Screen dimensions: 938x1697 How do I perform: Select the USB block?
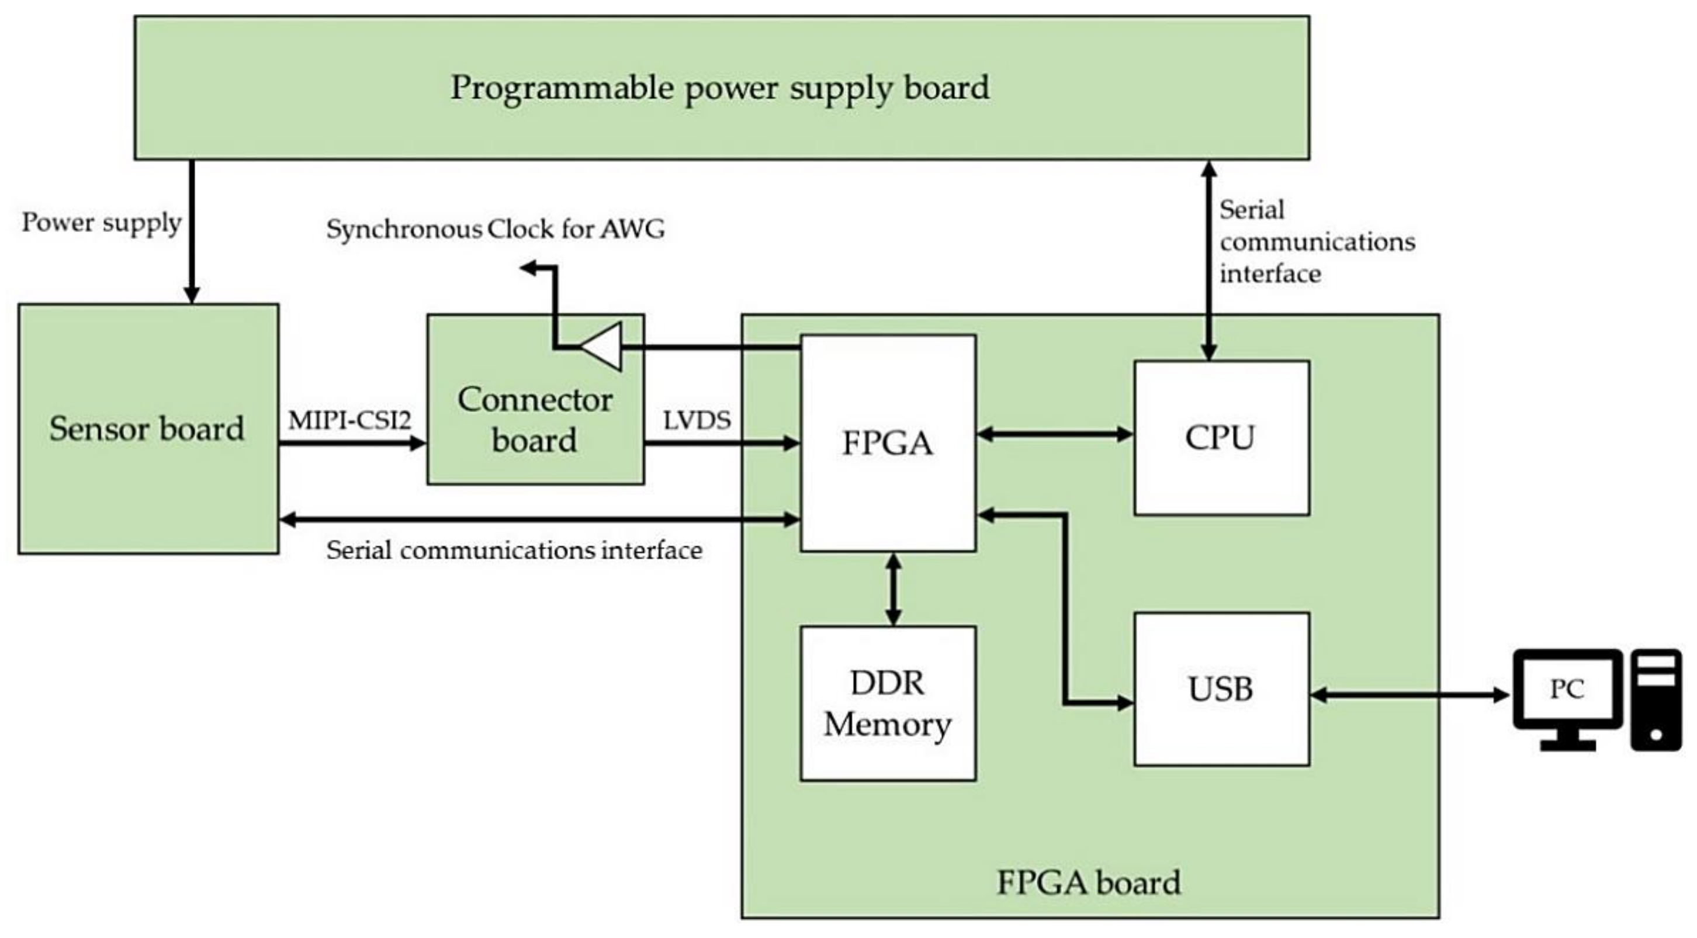pyautogui.click(x=1221, y=689)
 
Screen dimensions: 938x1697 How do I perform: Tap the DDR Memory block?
pyautogui.click(x=888, y=704)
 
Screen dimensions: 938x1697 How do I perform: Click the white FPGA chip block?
pyautogui.click(x=888, y=442)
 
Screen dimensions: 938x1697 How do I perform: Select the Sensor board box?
pyautogui.click(x=148, y=429)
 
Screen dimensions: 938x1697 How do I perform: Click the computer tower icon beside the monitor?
pyautogui.click(x=1656, y=700)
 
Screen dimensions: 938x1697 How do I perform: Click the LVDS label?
pyautogui.click(x=697, y=420)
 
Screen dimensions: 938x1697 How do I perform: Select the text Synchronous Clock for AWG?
pyautogui.click(x=496, y=229)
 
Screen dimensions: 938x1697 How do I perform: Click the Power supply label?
pyautogui.click(x=102, y=223)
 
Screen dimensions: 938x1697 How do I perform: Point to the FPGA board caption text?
pyautogui.click(x=1088, y=882)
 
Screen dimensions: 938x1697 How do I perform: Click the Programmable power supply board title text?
pyautogui.click(x=719, y=88)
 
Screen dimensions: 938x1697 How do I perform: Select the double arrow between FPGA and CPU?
pyautogui.click(x=1054, y=434)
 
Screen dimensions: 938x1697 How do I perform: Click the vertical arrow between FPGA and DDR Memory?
pyautogui.click(x=893, y=589)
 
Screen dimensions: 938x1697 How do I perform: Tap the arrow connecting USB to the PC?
pyautogui.click(x=1409, y=694)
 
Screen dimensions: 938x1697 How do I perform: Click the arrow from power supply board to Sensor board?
pyautogui.click(x=192, y=230)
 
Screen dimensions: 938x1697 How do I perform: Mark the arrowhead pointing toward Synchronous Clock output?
pyautogui.click(x=528, y=268)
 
